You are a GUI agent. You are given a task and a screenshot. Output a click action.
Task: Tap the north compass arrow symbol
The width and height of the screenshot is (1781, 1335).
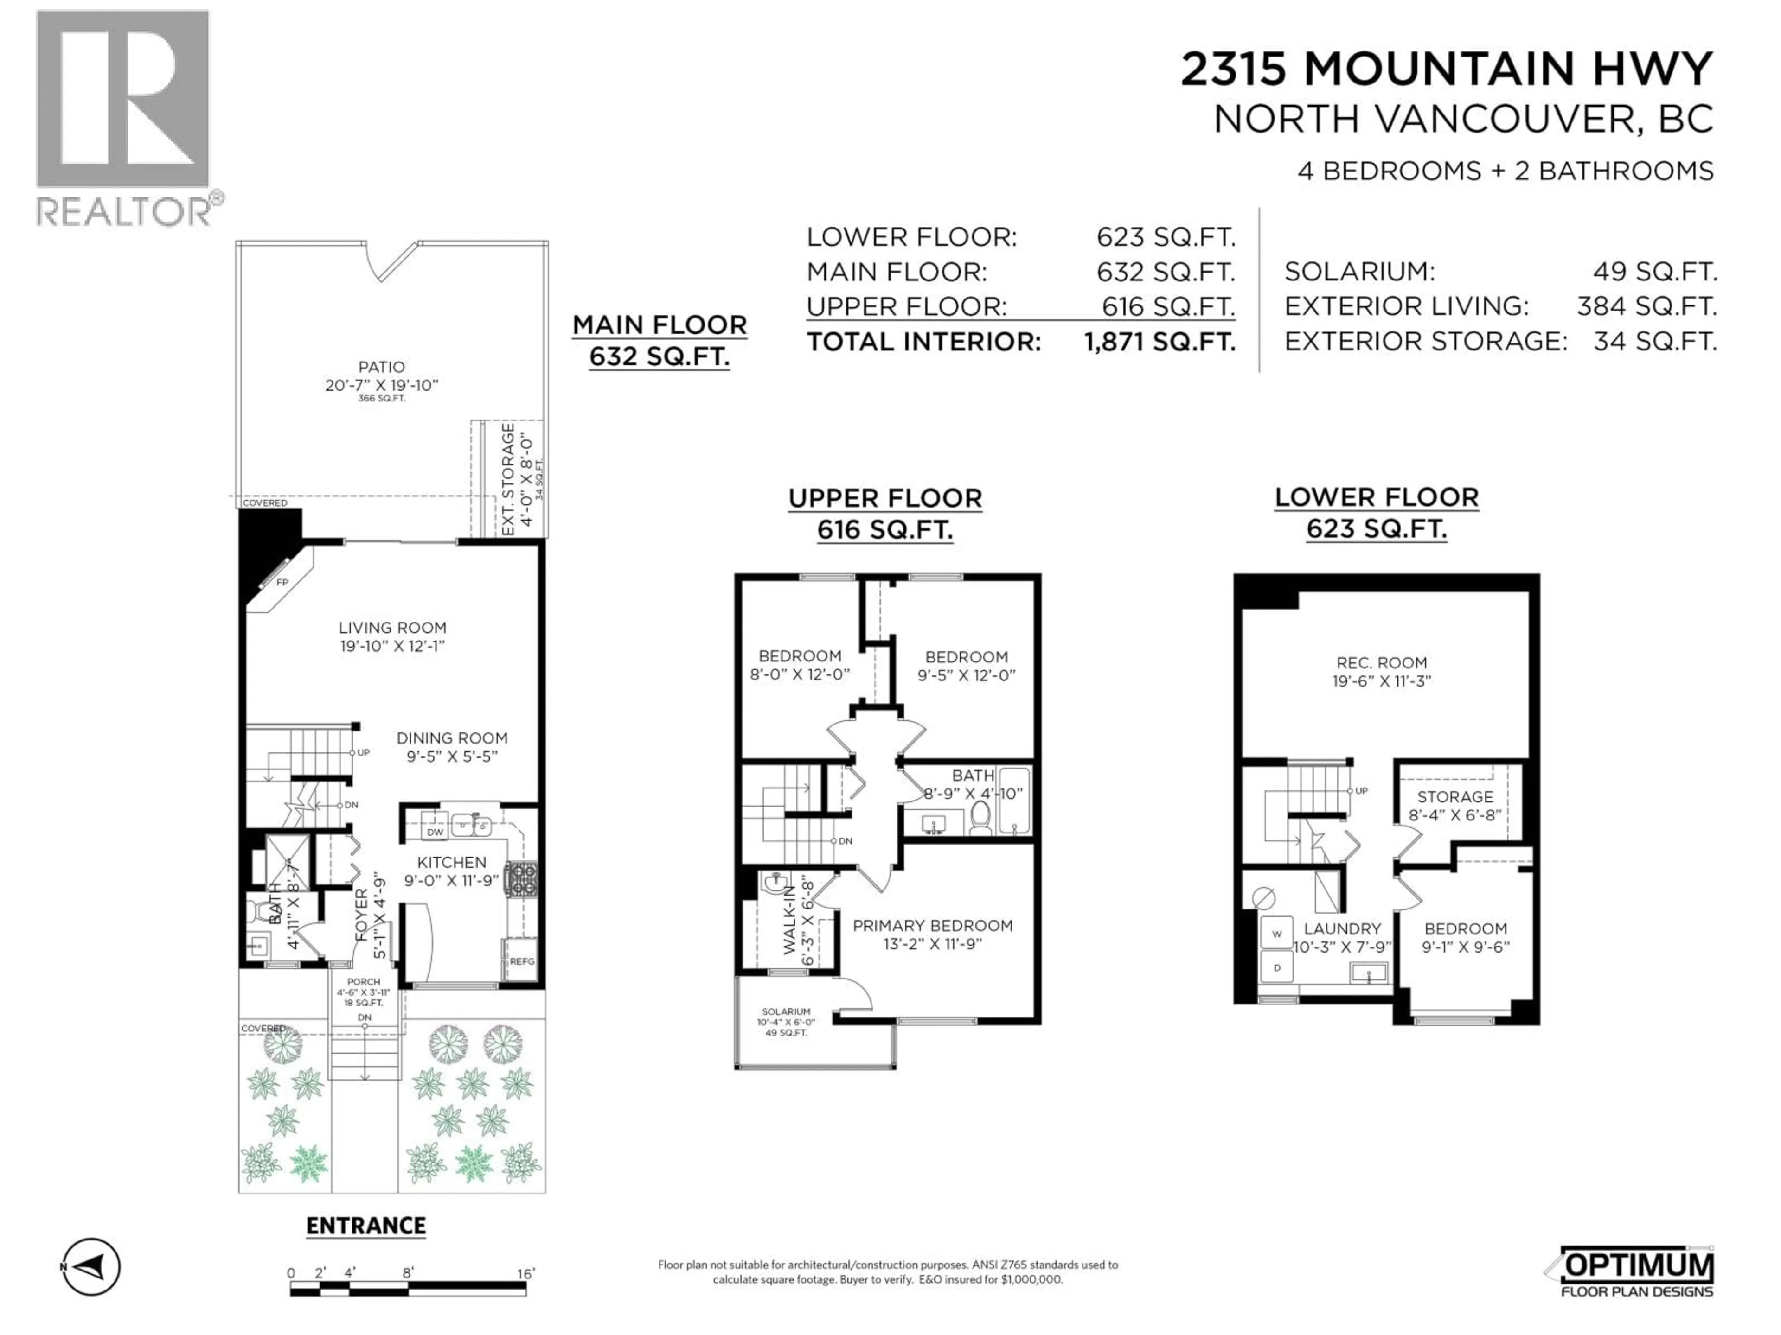click(92, 1266)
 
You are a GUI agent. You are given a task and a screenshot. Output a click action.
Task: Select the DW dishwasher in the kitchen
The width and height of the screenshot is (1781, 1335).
click(435, 831)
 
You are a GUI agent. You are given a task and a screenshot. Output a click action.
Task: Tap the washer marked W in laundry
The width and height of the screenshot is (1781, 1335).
click(1276, 934)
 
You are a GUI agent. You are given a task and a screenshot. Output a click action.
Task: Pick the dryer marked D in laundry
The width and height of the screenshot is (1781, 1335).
click(1276, 967)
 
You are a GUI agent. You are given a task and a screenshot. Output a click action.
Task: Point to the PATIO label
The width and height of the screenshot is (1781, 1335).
click(382, 367)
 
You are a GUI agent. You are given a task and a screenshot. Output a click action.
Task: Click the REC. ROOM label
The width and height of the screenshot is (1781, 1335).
click(1382, 662)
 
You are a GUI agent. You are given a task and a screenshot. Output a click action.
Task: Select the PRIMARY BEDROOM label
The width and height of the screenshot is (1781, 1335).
click(932, 925)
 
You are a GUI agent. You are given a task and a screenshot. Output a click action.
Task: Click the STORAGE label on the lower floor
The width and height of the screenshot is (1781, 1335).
click(1455, 797)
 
